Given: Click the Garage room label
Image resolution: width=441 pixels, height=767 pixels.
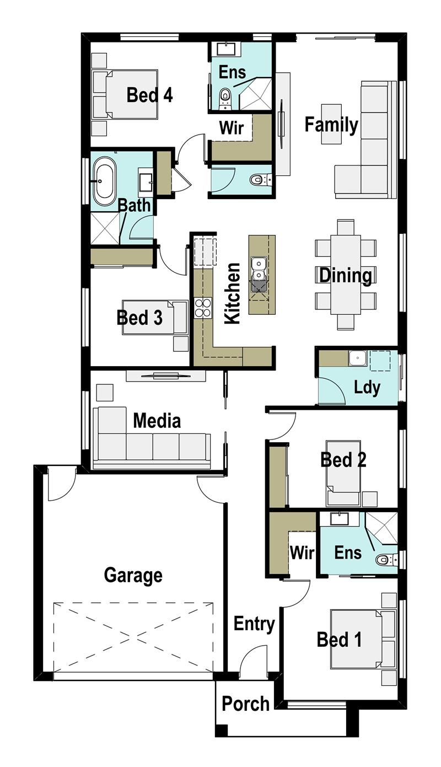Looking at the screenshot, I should [x=133, y=576].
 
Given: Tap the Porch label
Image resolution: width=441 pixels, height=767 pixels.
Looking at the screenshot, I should [x=245, y=704].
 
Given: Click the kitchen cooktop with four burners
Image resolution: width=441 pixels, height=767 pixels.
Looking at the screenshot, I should [x=202, y=308].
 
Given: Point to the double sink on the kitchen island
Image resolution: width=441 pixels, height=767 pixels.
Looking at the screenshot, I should [x=258, y=273].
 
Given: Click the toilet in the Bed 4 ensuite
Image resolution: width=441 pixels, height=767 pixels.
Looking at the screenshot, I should [x=224, y=98].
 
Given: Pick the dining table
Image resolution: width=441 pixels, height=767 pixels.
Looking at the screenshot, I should [x=346, y=274].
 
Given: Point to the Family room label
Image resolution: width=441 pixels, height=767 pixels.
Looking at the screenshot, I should [x=331, y=125].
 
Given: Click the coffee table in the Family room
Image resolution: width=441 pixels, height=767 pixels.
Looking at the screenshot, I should [x=331, y=124].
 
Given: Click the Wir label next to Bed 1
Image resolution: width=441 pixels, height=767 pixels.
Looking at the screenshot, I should [x=302, y=553].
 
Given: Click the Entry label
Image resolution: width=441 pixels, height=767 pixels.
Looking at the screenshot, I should [x=254, y=624].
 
